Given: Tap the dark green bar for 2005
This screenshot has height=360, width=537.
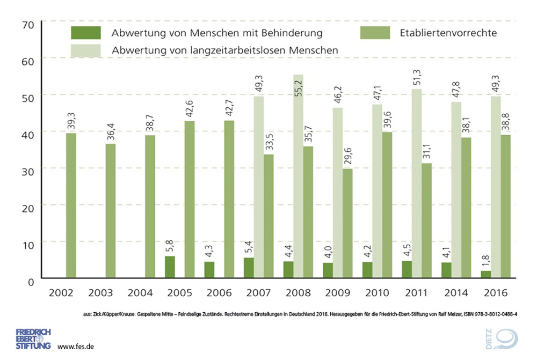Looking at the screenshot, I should coord(170,267).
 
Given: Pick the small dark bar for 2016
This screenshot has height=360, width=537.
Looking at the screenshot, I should coord(485,274).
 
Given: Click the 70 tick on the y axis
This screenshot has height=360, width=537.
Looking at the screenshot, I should coord(28,25).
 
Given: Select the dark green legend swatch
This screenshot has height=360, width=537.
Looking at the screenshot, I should coord(85,33).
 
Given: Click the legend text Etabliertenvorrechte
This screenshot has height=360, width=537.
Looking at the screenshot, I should coord(448,33).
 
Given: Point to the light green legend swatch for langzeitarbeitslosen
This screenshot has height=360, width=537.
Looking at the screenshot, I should coord(85,50).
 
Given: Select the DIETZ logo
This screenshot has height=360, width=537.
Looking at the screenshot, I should coord(504,339).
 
